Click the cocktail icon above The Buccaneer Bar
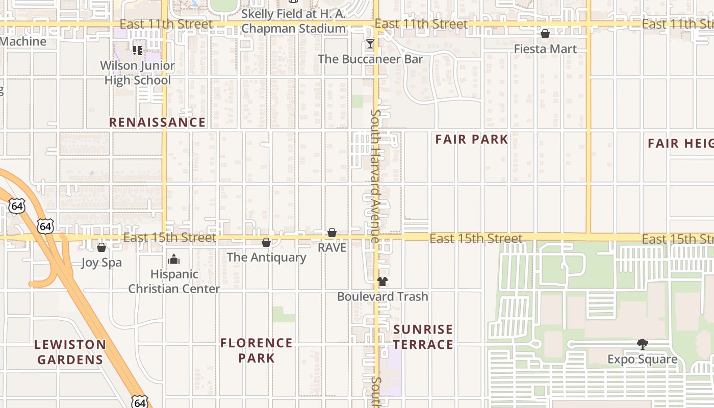pos(370,44)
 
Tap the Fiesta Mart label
pos(545,49)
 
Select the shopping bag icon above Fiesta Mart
pos(545,34)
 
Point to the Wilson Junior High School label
pos(138,73)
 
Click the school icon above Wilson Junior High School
pos(137,50)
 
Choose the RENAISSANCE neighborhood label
pos(158,122)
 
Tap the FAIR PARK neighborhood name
pos(472,139)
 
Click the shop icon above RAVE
pos(332,233)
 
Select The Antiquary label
pos(266,257)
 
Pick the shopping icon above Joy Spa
pos(101,247)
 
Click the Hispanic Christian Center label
pos(174,282)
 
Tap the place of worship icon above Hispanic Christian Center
pos(174,259)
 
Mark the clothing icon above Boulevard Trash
pos(382,281)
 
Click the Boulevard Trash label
pos(382,296)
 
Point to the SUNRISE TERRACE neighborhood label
pos(423,337)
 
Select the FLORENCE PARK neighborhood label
pos(257,350)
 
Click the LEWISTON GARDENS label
pos(70,352)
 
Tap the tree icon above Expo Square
pos(643,344)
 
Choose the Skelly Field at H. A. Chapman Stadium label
pos(293,21)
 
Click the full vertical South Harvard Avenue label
pos(376,176)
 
